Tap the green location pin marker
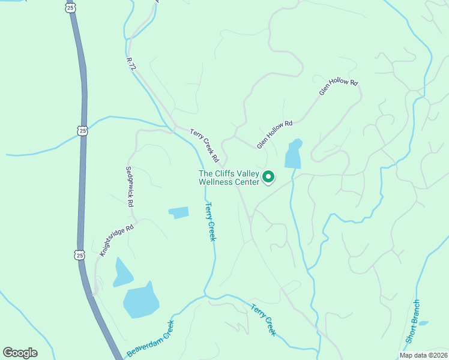pyautogui.click(x=269, y=177)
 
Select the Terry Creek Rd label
pyautogui.click(x=203, y=144)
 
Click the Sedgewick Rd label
pyautogui.click(x=128, y=187)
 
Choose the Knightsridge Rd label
pyautogui.click(x=116, y=239)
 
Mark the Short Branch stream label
pyautogui.click(x=412, y=322)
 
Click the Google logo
pyautogui.click(x=20, y=353)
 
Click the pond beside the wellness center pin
pyautogui.click(x=293, y=155)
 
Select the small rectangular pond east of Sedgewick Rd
pyautogui.click(x=179, y=212)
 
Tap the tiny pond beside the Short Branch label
pyautogui.click(x=423, y=323)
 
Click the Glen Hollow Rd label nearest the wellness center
pyautogui.click(x=274, y=134)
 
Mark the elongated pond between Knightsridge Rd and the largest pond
pyautogui.click(x=122, y=272)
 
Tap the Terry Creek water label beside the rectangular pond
pyautogui.click(x=210, y=221)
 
